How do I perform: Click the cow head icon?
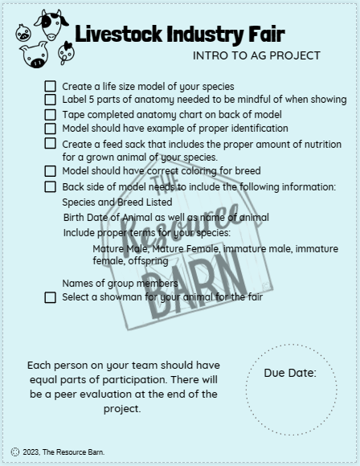[x=51, y=24]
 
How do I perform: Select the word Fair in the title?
[x=266, y=34]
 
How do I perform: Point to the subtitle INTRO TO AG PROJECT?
[x=256, y=55]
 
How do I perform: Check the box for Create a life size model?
[x=51, y=86]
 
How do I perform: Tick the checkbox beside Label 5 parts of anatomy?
[x=51, y=100]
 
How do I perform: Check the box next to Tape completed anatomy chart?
[x=51, y=114]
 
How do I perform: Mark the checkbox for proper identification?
[x=51, y=129]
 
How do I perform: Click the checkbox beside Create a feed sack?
[x=51, y=144]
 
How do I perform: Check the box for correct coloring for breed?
[x=51, y=171]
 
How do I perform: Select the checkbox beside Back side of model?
[x=51, y=186]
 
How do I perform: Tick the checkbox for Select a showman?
[x=51, y=297]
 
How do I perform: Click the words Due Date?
[x=289, y=373]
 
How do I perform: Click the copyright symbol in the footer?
[x=15, y=452]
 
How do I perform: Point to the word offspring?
[x=145, y=261]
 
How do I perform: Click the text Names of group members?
[x=120, y=283]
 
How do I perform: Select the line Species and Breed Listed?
[x=117, y=202]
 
